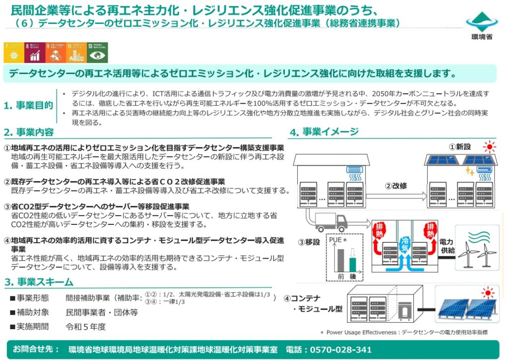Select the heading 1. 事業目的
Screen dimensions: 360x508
28,105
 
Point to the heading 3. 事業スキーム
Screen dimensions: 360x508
38,282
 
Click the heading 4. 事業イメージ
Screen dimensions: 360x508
324,132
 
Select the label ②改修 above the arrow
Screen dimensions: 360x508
396,186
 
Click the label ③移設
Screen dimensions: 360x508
309,243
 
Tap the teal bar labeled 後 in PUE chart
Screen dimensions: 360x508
353,264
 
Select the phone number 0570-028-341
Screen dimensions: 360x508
340,350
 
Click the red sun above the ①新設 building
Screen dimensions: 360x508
491,146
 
